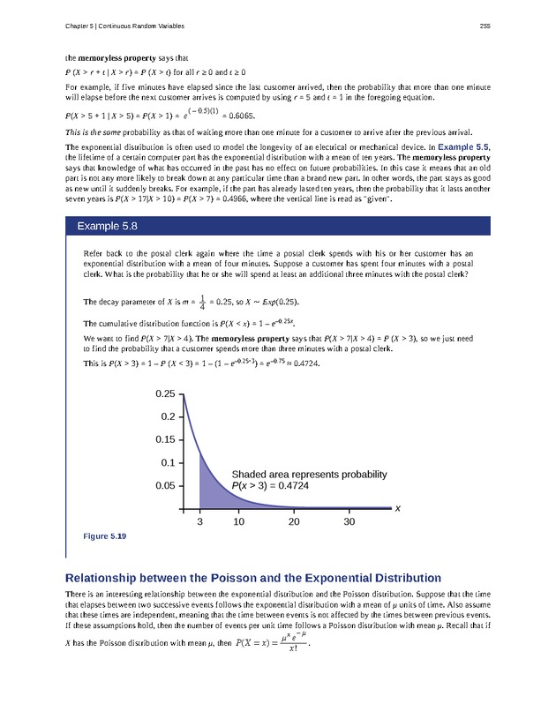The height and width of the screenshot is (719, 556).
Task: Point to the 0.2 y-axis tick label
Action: (x=167, y=416)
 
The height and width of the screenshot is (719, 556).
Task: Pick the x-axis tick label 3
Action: (x=199, y=522)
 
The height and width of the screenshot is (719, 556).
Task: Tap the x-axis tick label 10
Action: (x=238, y=522)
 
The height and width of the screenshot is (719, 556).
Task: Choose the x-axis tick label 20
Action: (x=294, y=522)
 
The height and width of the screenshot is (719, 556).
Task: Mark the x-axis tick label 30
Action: (x=349, y=522)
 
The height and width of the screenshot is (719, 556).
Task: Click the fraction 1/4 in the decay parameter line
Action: (x=204, y=302)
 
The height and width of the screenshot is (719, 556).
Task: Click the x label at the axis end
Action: (x=397, y=509)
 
